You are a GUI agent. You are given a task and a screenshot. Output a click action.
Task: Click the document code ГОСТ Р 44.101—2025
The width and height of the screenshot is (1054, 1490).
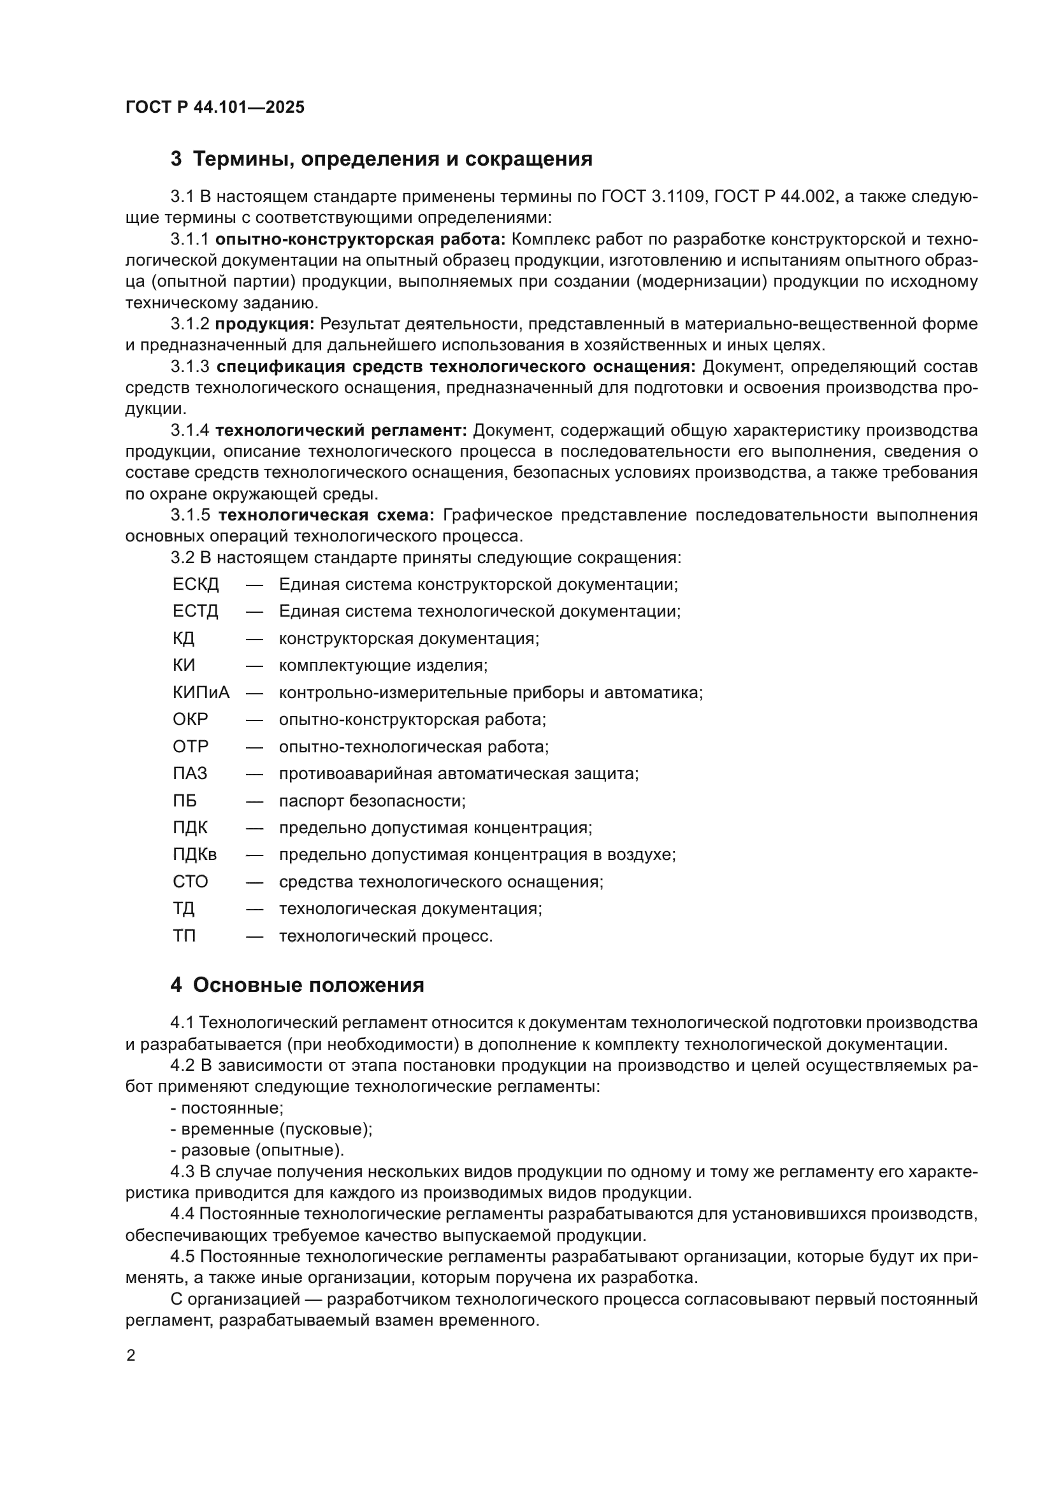tap(215, 107)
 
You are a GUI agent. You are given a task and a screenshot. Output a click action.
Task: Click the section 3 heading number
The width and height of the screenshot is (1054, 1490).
tap(176, 159)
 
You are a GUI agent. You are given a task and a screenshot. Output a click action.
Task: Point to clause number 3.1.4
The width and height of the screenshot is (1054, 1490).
tap(190, 430)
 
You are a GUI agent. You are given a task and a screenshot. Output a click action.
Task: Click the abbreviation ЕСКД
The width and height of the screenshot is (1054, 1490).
tap(196, 585)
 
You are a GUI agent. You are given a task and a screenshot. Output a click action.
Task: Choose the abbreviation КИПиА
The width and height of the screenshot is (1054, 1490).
tap(201, 692)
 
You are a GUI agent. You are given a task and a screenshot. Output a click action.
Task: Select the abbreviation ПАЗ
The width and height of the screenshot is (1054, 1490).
tap(190, 773)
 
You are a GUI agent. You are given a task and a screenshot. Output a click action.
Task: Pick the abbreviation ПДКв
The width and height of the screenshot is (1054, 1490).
tap(195, 855)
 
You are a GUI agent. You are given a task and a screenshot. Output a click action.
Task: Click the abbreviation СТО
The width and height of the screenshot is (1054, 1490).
tap(190, 882)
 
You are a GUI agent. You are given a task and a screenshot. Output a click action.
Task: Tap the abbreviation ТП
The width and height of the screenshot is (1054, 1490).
tap(184, 936)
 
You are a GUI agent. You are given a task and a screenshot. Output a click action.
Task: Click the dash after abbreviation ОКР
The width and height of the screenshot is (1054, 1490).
tap(254, 720)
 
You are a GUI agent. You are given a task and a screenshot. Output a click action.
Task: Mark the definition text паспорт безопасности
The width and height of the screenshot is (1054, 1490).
tap(372, 801)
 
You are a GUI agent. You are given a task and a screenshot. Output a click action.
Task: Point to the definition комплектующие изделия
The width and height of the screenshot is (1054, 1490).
tap(383, 666)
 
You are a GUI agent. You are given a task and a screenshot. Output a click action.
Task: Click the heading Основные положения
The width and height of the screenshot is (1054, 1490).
tap(308, 985)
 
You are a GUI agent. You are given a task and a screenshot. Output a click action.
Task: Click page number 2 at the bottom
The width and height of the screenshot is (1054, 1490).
tap(131, 1356)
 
